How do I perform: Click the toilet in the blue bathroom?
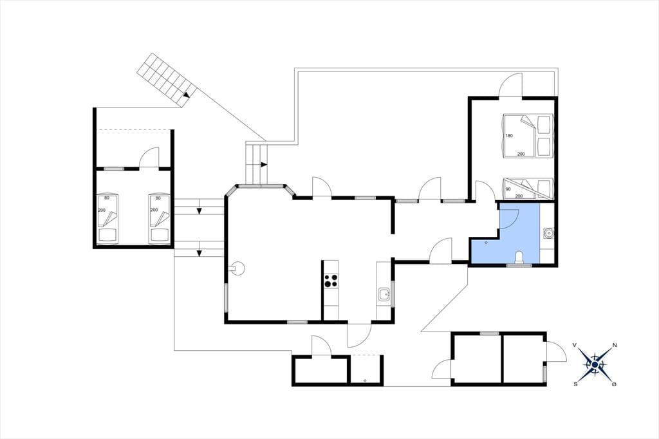(x=519, y=257)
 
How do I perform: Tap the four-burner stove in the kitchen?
(x=331, y=281)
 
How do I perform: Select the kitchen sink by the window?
(x=384, y=294)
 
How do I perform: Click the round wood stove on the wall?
(x=238, y=267)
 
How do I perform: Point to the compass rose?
(x=595, y=364)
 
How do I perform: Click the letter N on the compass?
(x=615, y=345)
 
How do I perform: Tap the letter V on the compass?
(x=575, y=345)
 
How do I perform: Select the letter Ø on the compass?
(x=615, y=384)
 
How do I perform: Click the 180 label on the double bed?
(x=510, y=136)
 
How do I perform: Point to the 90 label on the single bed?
(x=508, y=189)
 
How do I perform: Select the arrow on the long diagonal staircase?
(x=187, y=95)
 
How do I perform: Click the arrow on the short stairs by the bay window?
(x=264, y=164)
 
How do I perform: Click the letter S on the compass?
(x=575, y=384)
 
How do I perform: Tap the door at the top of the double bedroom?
(x=510, y=86)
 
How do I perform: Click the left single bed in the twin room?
(x=107, y=219)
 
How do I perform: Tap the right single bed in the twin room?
(x=159, y=219)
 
